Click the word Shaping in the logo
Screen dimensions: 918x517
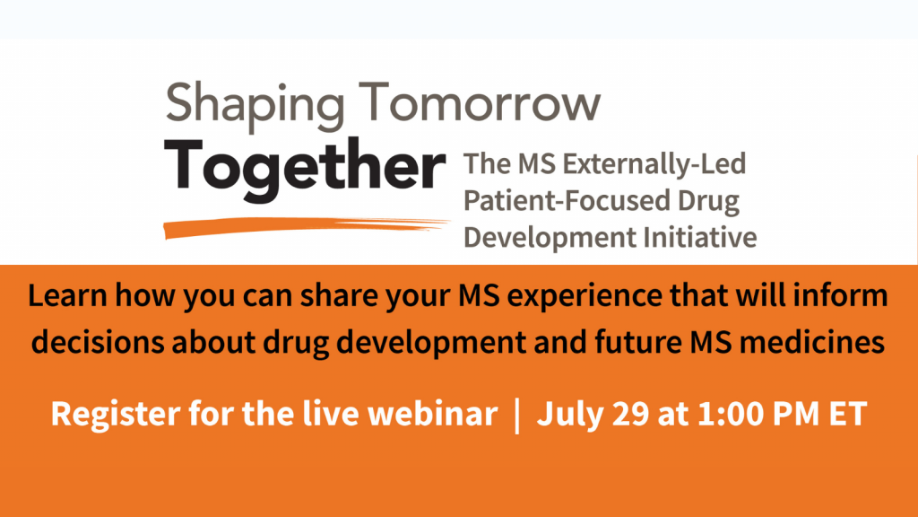[255, 106]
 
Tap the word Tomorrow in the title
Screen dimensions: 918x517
[480, 101]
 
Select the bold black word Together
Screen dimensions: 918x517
[305, 169]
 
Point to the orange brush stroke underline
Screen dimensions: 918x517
[307, 227]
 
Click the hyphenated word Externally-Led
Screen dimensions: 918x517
[654, 164]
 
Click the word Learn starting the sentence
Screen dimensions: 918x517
[67, 294]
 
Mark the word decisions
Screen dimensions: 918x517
[97, 342]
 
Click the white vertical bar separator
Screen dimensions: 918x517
[517, 415]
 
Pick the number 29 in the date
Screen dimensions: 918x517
[631, 414]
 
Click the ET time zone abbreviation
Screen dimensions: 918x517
[848, 414]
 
